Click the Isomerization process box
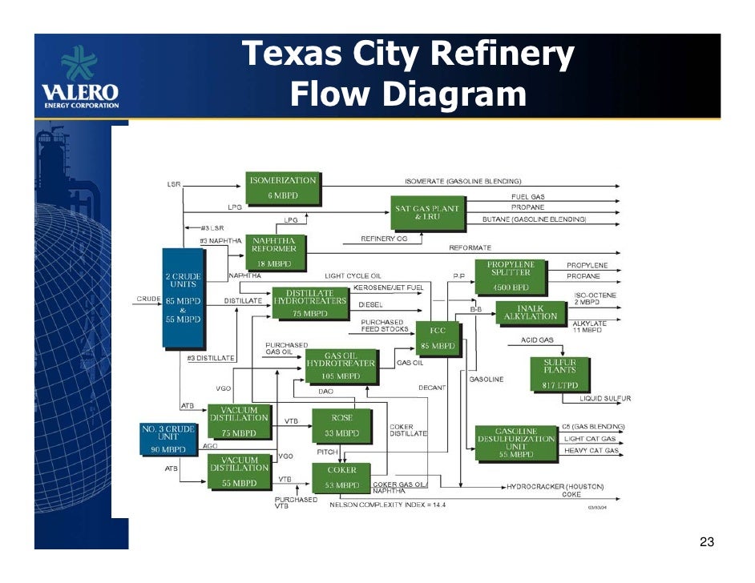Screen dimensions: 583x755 (x=282, y=187)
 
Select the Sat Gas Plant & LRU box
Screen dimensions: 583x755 (x=427, y=212)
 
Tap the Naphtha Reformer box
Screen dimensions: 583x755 (x=273, y=251)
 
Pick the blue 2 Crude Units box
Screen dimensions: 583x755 (x=183, y=298)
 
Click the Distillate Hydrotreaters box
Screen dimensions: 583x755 (x=309, y=304)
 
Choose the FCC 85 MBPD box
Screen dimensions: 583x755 (x=438, y=338)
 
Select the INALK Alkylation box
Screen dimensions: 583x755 (x=531, y=312)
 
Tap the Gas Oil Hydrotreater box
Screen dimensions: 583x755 (x=341, y=367)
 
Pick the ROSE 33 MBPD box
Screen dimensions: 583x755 (x=341, y=425)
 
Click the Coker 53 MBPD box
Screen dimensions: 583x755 (x=341, y=477)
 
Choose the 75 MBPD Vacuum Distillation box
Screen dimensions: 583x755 (x=239, y=421)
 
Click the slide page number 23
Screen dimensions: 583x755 (x=706, y=543)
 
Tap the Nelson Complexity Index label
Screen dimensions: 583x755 (x=387, y=505)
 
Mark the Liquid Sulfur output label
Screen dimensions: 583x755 (x=605, y=398)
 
